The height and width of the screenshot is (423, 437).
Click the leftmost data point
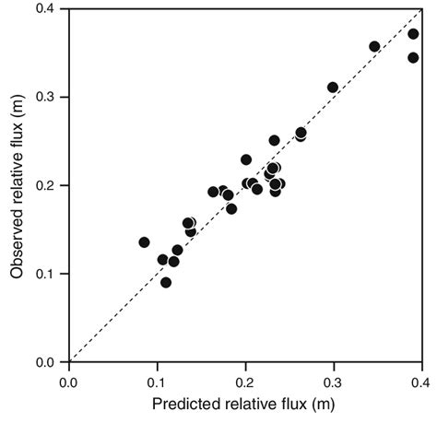144,242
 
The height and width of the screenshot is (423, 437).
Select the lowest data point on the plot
166,282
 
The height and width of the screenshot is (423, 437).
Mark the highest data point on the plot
413,34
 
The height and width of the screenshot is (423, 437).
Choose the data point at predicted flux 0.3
333,88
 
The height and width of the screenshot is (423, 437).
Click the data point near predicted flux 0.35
374,46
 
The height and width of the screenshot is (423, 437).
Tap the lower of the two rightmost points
413,57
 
